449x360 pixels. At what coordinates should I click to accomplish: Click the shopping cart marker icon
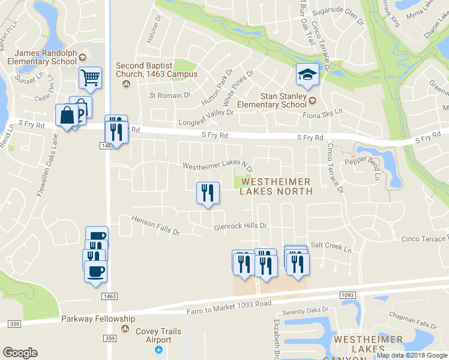[x=90, y=77]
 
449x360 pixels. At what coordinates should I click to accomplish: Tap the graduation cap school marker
[x=307, y=75]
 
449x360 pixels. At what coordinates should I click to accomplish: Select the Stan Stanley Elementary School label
[x=280, y=100]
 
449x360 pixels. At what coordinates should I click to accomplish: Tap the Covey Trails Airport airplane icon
[x=159, y=350]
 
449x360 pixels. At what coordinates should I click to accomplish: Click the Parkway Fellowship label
[x=98, y=319]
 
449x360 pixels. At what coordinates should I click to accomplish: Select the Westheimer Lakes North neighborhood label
[x=276, y=186]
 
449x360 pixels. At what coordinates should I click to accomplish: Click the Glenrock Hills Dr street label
[x=240, y=227]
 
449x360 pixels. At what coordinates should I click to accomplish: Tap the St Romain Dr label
[x=169, y=95]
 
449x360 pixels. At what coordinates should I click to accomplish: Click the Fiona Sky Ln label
[x=322, y=113]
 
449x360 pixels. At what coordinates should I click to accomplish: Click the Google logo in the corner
[x=20, y=353]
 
